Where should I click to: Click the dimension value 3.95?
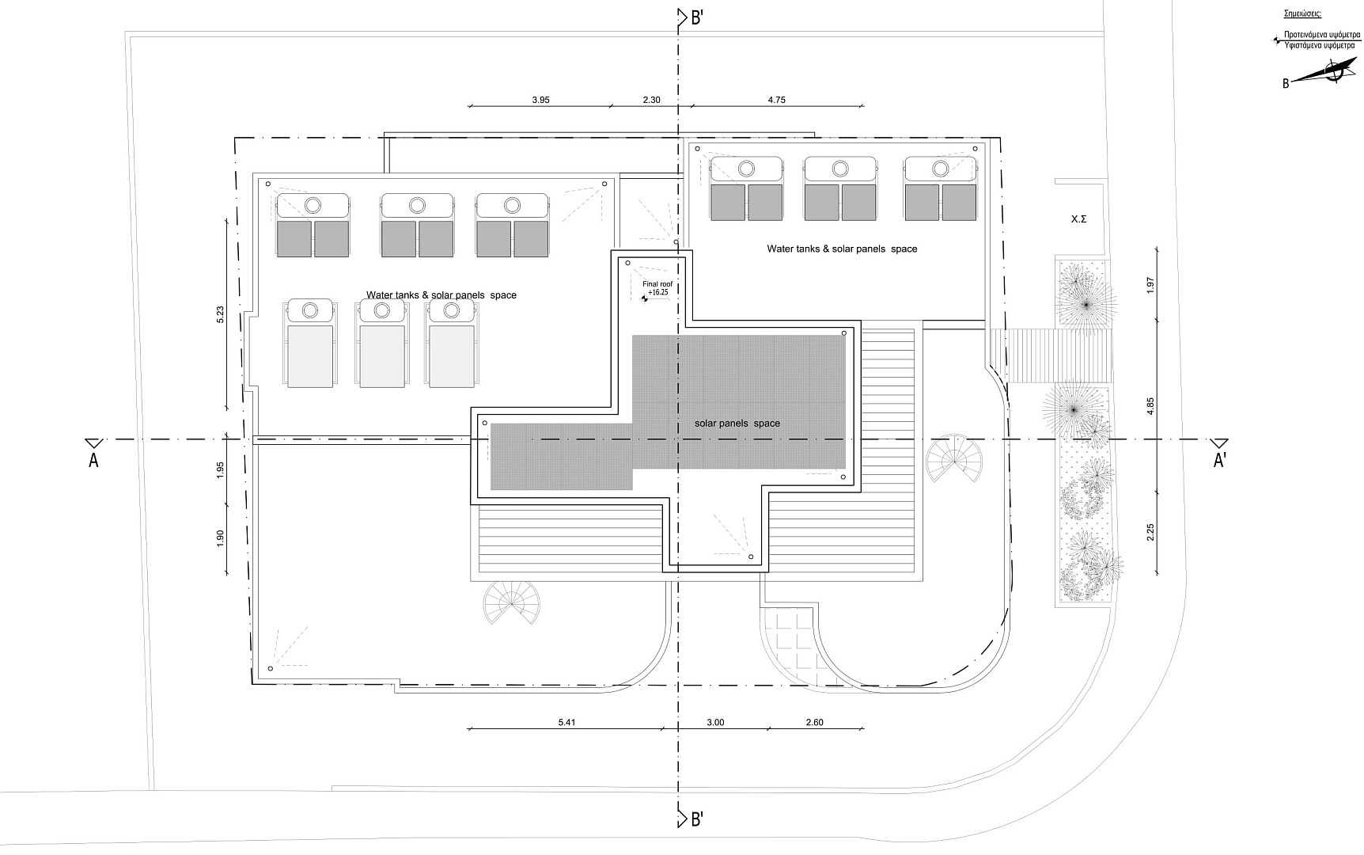[x=540, y=101]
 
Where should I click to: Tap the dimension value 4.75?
[x=776, y=101]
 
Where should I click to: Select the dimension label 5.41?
[x=567, y=722]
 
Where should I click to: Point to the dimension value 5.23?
[x=221, y=314]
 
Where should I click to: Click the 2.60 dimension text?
[x=814, y=722]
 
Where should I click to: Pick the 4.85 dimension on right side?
[x=1150, y=405]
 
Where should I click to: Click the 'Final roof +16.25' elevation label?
[x=657, y=288]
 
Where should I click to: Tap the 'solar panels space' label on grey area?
[x=737, y=424]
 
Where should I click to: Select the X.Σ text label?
[x=1078, y=219]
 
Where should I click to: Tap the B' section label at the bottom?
[x=695, y=819]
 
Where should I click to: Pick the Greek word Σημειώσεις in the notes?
[x=1302, y=14]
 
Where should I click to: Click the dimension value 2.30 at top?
[x=651, y=101]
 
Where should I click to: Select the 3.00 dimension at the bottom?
[x=715, y=722]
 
